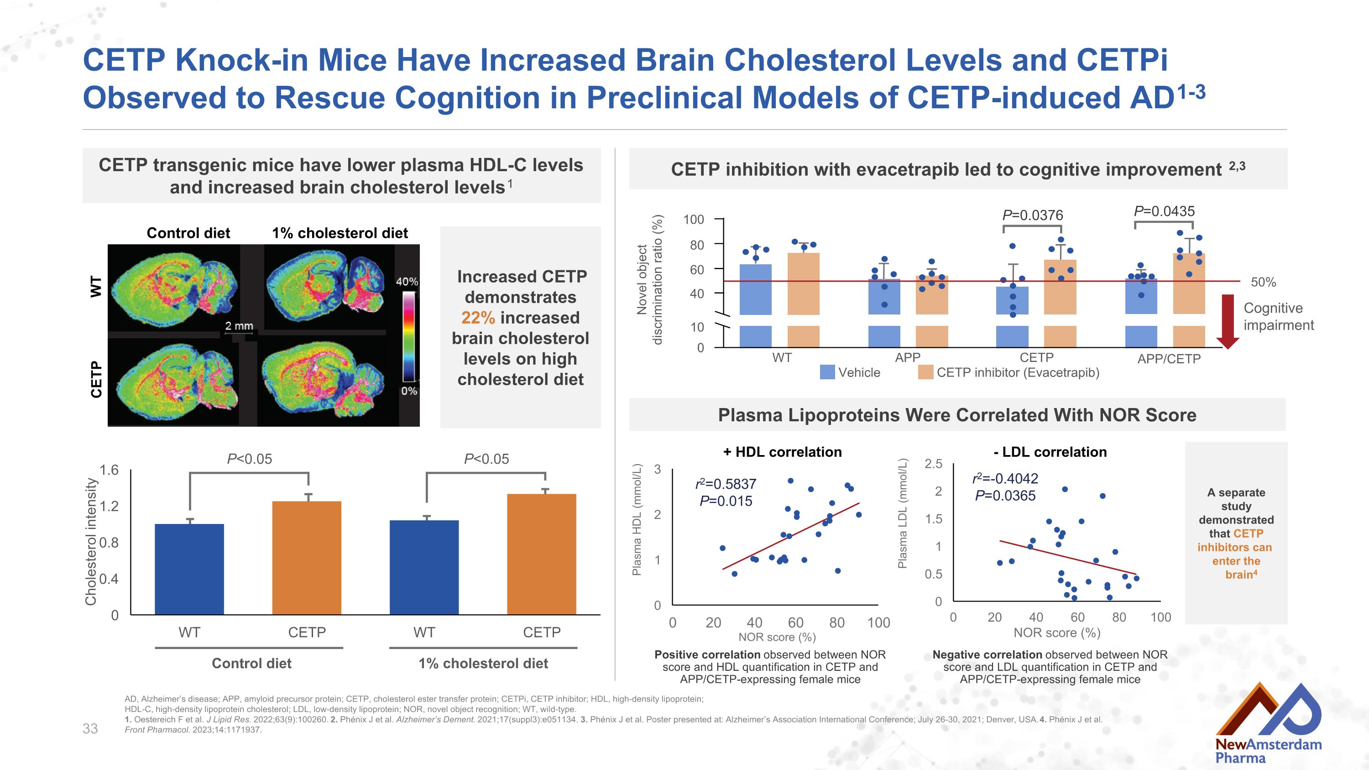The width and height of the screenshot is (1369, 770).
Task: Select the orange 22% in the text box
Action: tap(478, 317)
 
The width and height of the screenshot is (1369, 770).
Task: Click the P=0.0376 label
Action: tap(1032, 215)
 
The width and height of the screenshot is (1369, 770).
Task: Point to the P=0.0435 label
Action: tap(1164, 211)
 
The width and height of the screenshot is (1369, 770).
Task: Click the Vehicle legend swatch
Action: tap(827, 372)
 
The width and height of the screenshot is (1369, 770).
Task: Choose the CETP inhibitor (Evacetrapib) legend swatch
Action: tap(925, 372)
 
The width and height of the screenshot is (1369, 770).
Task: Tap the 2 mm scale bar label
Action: tap(239, 325)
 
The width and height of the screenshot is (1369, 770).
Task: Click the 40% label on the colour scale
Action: tap(407, 282)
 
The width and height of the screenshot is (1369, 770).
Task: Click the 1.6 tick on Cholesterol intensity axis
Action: tap(109, 470)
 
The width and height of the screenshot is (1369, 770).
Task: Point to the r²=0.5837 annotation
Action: tap(726, 484)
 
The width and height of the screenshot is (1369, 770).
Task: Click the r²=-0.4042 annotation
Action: tap(1005, 479)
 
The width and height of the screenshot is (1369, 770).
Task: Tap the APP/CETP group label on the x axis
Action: tap(1169, 359)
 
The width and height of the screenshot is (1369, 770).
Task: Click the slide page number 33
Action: tap(90, 728)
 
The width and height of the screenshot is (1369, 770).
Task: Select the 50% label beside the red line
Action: tap(1263, 282)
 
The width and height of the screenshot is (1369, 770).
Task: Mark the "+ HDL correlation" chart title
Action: tap(782, 452)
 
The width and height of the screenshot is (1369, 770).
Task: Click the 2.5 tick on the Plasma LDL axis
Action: tap(933, 463)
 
